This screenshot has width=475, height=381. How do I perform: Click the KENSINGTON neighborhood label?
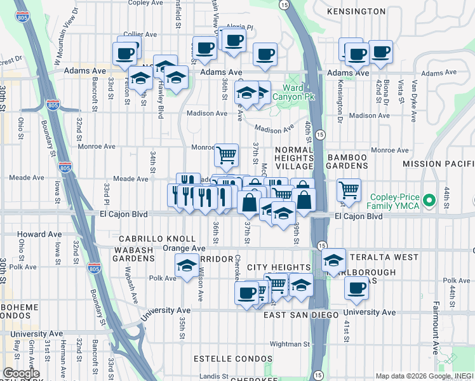point(356,12)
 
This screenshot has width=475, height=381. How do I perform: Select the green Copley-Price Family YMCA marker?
point(429,201)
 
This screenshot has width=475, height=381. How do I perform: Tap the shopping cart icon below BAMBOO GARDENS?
point(349,189)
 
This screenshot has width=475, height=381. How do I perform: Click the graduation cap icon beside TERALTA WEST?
point(333,260)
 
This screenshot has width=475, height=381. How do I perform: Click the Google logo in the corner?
point(21,373)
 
